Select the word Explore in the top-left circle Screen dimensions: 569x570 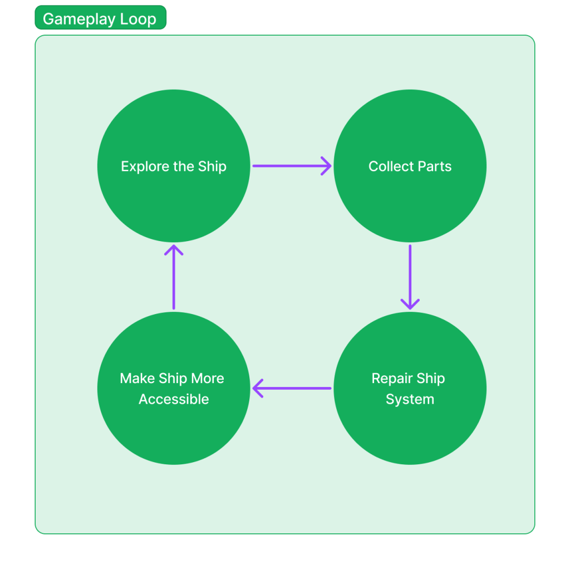point(138,166)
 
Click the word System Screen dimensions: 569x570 point(410,399)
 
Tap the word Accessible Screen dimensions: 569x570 point(174,399)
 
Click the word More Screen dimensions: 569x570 point(207,379)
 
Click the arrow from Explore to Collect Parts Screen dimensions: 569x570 point(289,165)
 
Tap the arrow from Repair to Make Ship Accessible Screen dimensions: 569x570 point(292,388)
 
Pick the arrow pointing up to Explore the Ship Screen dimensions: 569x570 point(174,278)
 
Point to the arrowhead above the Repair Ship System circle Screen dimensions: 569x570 point(410,304)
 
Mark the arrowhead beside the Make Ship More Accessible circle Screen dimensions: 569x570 point(257,388)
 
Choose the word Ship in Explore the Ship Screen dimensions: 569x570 point(212,166)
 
